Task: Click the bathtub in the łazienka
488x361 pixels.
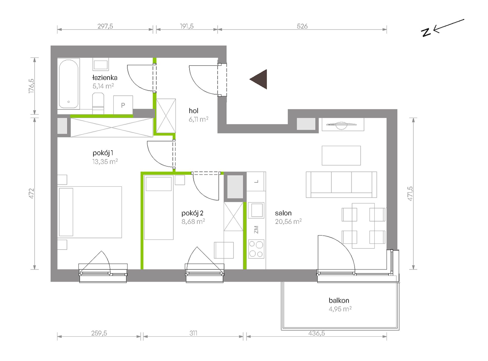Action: [x=69, y=84]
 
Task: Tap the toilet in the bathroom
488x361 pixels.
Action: [x=98, y=103]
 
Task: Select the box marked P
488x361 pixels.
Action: [x=123, y=105]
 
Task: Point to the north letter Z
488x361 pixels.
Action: [x=426, y=32]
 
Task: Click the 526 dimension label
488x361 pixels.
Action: [x=302, y=26]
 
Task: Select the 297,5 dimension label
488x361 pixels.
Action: [x=105, y=26]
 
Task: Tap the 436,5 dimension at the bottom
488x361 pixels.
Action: [x=316, y=333]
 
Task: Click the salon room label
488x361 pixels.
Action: [x=283, y=213]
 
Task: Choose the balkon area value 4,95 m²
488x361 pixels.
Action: [x=340, y=309]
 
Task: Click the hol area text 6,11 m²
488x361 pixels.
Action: [x=198, y=119]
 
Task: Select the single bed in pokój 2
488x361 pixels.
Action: [x=159, y=207]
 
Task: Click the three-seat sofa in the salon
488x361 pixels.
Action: [x=341, y=185]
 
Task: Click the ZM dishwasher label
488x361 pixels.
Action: [x=256, y=230]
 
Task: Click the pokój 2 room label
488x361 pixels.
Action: [x=192, y=213]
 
